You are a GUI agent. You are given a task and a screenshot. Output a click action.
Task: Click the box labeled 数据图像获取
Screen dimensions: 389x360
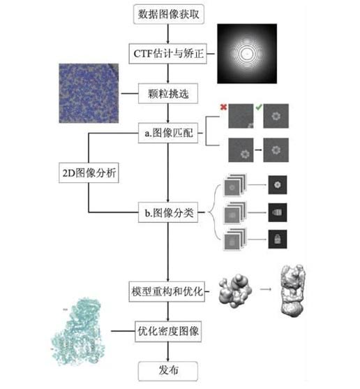[x=168, y=15]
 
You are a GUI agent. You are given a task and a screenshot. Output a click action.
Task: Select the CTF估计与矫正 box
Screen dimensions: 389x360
[x=168, y=52]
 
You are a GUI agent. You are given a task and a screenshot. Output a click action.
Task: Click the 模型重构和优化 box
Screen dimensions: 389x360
[x=168, y=290]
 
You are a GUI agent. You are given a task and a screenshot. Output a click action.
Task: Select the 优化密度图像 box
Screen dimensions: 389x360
[x=168, y=330]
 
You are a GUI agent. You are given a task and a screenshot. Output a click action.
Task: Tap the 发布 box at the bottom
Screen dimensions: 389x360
[x=168, y=370]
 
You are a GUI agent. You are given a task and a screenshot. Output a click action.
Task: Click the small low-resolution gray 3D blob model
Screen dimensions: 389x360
[x=236, y=288]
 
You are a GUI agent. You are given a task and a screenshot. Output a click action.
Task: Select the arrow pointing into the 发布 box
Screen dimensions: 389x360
[x=168, y=355]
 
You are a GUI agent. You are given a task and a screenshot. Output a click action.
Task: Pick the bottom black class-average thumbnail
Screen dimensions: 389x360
[x=277, y=240]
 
